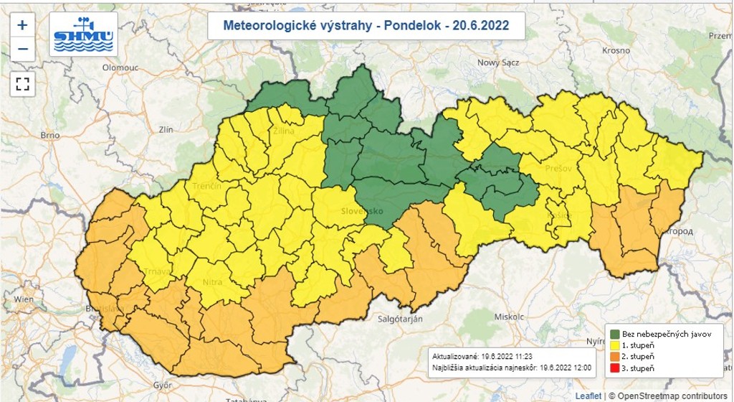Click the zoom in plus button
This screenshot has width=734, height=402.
22,25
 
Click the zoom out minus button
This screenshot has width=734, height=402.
22,49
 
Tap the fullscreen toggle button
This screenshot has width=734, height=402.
22,83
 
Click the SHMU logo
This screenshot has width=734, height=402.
83,34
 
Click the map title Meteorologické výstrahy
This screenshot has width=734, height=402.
366,26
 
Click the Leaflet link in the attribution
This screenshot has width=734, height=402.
588,396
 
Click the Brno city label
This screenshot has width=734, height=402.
49,134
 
